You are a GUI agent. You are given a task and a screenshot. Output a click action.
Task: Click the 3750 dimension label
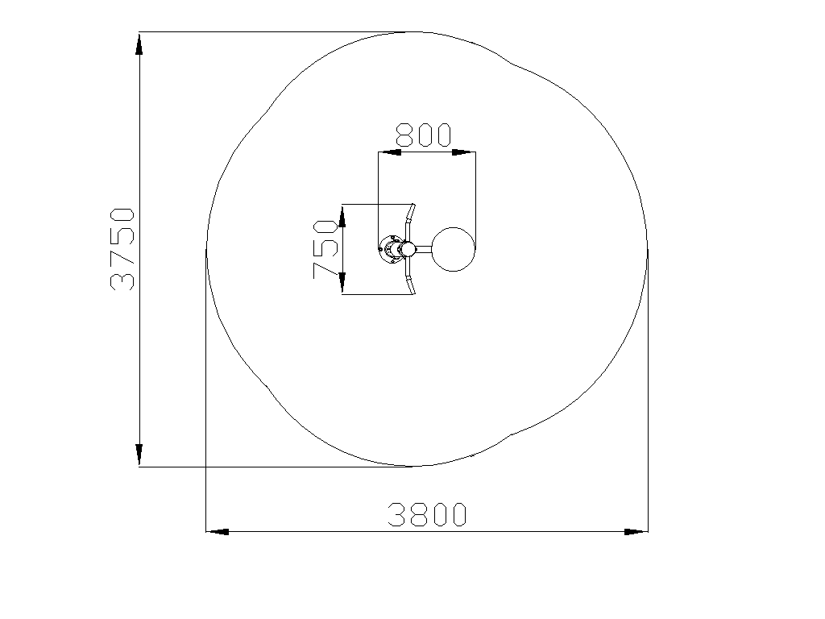pos(122,250)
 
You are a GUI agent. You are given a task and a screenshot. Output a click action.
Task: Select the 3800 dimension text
pos(427,515)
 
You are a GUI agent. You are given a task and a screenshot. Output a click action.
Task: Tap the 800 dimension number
pos(424,135)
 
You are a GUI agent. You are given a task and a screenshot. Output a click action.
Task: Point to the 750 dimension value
pos(325,250)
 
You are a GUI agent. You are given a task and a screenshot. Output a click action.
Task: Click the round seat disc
pos(453,249)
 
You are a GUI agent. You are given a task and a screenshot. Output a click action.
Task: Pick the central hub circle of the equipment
pos(407,248)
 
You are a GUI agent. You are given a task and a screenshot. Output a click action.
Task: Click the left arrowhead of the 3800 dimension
pos(218,532)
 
